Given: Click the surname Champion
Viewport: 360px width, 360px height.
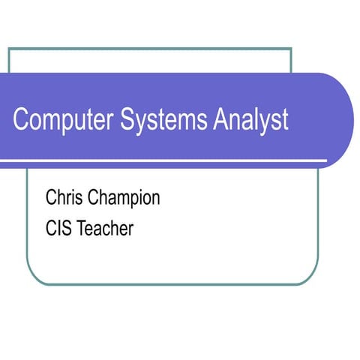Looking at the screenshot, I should (x=124, y=199).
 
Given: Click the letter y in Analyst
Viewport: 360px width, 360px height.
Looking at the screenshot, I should (x=262, y=124).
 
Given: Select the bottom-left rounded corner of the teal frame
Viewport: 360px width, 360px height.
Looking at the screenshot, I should (x=33, y=279).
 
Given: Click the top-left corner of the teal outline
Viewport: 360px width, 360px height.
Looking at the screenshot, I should (x=9, y=49).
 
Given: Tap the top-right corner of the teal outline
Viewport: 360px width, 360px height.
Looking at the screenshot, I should (x=291, y=49).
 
